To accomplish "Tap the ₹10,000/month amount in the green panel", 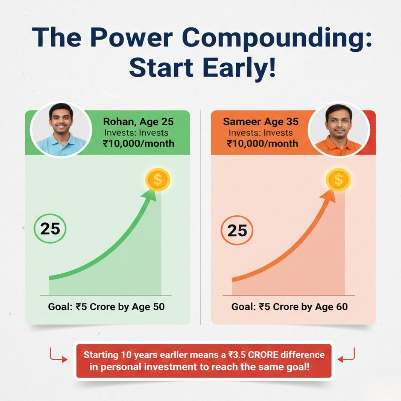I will [138, 143].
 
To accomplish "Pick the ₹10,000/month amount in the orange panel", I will [263, 143].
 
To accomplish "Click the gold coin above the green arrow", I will [158, 180].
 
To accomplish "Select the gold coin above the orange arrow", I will [338, 180].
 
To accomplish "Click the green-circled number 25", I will [50, 229].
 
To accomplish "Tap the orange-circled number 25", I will [237, 231].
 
